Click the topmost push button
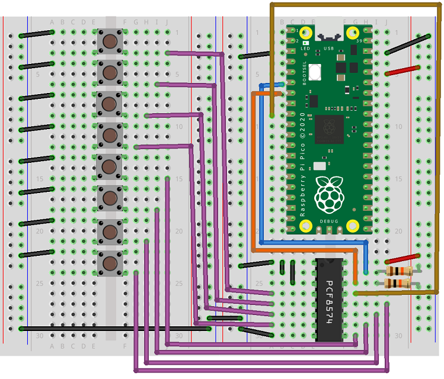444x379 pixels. [x=110, y=41]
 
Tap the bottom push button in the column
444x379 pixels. [x=110, y=261]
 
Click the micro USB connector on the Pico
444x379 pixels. [x=329, y=33]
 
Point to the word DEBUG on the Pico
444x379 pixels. [x=328, y=221]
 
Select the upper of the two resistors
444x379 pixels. [x=398, y=271]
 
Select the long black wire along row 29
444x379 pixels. [x=113, y=328]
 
